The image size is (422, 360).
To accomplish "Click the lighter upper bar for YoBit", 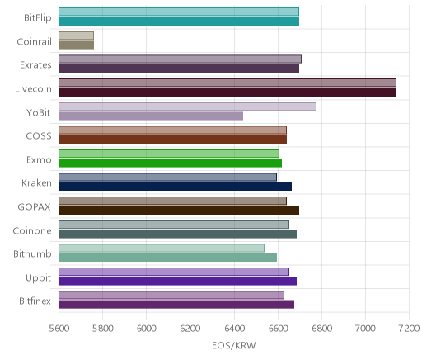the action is point(187,107).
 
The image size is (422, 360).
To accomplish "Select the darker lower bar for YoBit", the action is point(151,116).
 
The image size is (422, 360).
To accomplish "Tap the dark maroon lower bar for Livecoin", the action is point(227,92).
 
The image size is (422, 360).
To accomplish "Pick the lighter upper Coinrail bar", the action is point(76,36).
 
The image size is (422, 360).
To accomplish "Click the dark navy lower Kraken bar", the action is point(175,187).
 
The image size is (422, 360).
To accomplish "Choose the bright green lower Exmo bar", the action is point(170,163).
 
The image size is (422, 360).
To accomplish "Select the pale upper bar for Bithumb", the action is point(162,248).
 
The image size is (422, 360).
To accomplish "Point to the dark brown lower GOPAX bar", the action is point(179,211).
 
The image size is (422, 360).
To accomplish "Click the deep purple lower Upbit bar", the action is point(177,282).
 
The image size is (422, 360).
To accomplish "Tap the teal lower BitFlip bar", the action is point(179,21).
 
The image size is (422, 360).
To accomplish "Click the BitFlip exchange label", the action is point(38,17).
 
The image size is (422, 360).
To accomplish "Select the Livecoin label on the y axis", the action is point(33,88).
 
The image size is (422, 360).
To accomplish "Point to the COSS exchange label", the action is point(39,136).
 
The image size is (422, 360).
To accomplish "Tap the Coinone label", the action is point(32,230).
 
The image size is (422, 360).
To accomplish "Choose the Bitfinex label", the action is point(35,301).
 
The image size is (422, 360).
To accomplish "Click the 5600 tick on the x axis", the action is point(59,328).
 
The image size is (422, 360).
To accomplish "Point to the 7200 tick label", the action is point(410,328).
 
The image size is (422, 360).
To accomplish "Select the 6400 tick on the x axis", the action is point(234,328).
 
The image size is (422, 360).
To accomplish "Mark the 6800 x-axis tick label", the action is point(322,328).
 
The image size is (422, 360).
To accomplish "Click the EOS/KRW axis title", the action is point(234,345).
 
